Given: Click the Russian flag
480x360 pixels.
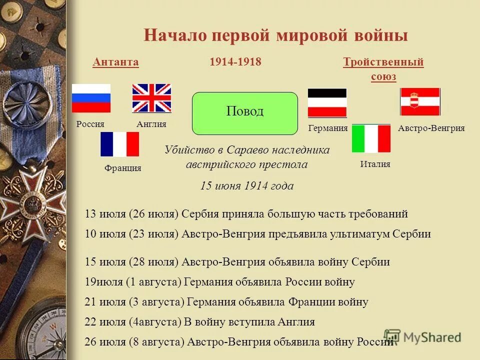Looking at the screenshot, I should coord(91,98).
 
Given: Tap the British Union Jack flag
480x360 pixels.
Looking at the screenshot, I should coord(151,98).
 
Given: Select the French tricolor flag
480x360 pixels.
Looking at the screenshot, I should coord(119,144).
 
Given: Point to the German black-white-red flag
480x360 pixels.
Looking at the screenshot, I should coord(327,102).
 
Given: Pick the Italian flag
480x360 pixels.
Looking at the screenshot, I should coord(371,138).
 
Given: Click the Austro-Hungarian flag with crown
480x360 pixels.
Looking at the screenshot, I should coord(420,101).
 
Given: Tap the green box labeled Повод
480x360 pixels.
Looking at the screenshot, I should coord(245,113).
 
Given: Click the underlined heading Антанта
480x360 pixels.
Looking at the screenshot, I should coord(115,62).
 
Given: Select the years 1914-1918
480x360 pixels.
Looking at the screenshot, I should coord(235,62).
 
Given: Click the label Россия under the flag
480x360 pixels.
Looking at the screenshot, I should coord(90,124).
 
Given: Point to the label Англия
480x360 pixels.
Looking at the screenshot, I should coord(151,124).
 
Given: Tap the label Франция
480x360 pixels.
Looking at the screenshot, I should coord(123,168).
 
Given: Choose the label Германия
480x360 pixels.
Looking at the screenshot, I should coord(328,128).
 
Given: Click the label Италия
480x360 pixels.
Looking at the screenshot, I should coord(375,164).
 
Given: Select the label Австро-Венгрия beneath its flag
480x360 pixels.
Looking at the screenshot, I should coord(431,128).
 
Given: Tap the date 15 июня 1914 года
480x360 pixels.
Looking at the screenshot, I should coord(247,186).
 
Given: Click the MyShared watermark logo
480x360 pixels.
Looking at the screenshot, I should coord(422,337).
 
